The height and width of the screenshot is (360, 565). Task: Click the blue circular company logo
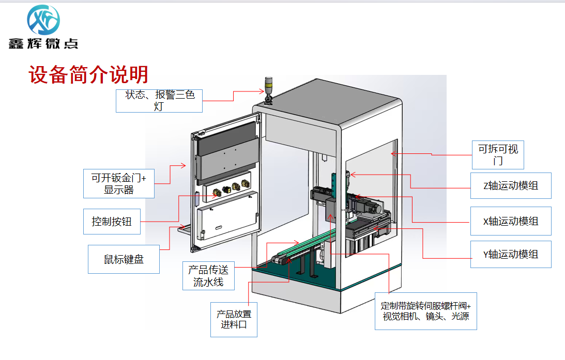click(x=43, y=20)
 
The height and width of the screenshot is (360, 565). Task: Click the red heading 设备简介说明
click(x=88, y=74)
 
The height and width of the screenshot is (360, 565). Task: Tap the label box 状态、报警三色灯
click(x=159, y=101)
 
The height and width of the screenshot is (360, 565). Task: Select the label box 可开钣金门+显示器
click(x=119, y=183)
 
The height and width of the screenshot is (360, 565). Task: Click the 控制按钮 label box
click(x=112, y=222)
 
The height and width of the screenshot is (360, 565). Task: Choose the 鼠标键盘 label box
click(x=124, y=259)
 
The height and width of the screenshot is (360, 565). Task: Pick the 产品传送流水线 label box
click(x=209, y=276)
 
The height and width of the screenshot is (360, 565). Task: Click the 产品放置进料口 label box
click(x=234, y=320)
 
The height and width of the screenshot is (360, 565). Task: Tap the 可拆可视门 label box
click(x=498, y=155)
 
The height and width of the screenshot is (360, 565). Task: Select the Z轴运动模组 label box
click(x=511, y=186)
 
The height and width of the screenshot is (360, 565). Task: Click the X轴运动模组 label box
click(x=511, y=221)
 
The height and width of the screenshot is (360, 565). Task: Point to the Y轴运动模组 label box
click(x=511, y=255)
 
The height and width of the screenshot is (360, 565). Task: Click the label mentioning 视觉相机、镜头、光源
click(x=426, y=311)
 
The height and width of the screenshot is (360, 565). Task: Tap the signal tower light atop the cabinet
click(x=268, y=90)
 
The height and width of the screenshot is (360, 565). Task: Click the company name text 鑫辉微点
click(x=43, y=43)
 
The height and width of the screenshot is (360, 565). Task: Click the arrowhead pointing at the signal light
click(x=262, y=91)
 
